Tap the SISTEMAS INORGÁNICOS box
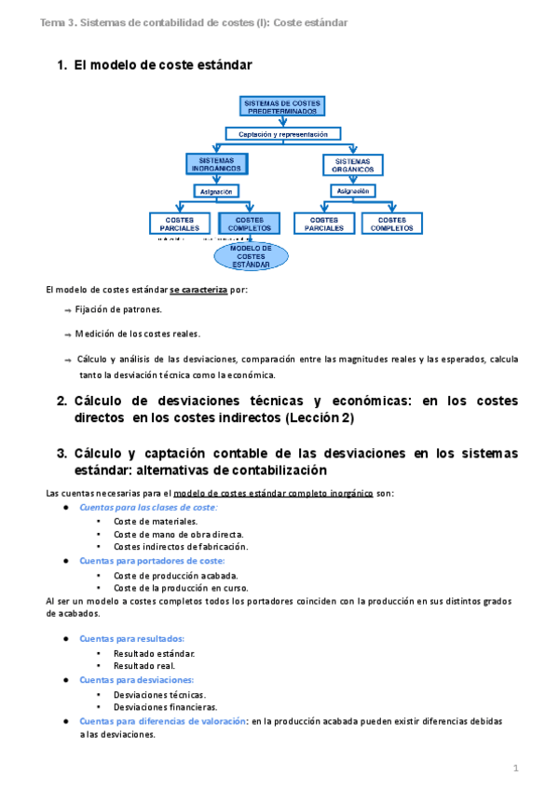click(216, 164)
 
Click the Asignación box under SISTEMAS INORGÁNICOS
click(216, 191)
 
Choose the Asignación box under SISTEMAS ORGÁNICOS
click(352, 191)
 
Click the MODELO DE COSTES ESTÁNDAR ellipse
click(251, 256)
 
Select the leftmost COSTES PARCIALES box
click(180, 224)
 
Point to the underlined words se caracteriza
click(198, 290)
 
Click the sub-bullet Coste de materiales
click(151, 522)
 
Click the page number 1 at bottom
click(514, 768)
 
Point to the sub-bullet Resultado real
click(142, 666)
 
